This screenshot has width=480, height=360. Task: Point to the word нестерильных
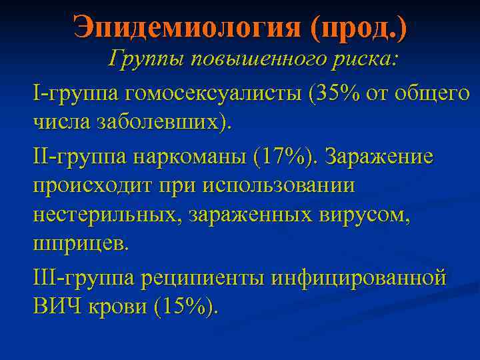(107, 215)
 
